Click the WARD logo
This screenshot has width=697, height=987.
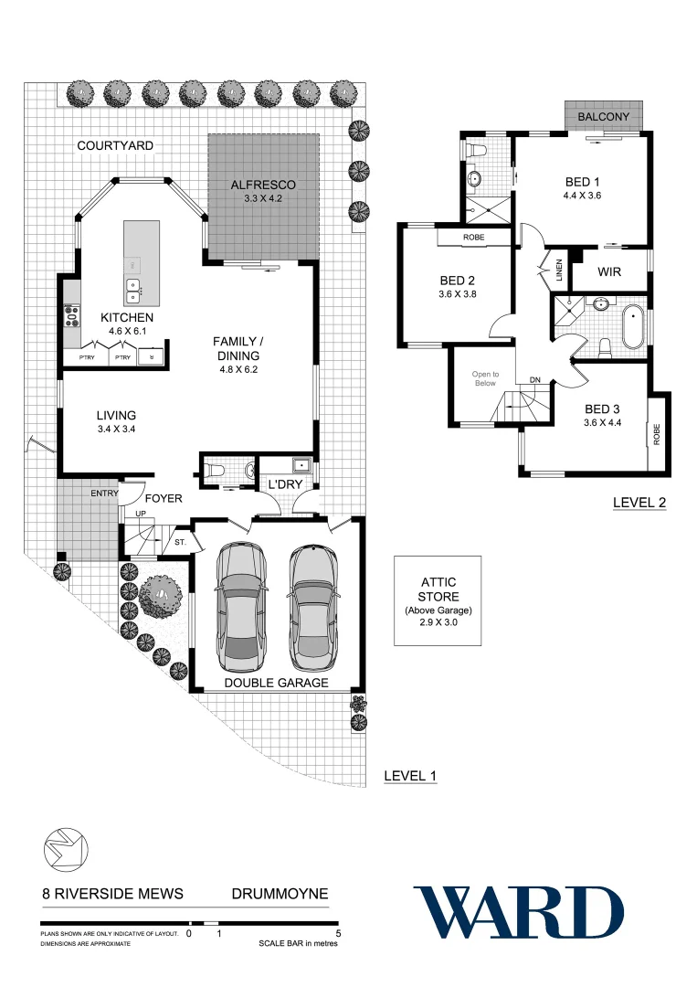519,912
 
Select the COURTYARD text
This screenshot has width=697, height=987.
115,146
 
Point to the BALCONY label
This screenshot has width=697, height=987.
603,117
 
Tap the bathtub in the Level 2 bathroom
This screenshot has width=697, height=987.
632,327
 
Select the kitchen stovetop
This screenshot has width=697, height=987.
70,317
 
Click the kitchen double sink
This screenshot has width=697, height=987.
133,291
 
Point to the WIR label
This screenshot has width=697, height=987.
610,272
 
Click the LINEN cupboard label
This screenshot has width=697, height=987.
556,271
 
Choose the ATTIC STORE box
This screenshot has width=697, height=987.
438,600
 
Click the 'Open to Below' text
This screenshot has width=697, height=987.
485,378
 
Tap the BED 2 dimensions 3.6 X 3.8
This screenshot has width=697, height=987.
458,294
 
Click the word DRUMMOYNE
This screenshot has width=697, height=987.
279,894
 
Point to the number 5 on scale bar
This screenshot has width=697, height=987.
339,934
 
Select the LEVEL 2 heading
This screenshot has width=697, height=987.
639,502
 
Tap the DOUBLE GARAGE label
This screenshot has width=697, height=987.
276,683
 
